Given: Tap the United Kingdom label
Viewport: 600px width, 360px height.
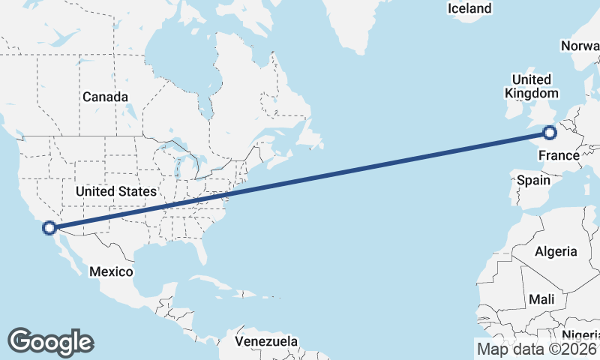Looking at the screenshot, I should pyautogui.click(x=532, y=86).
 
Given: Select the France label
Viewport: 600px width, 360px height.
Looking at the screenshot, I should pyautogui.click(x=559, y=155).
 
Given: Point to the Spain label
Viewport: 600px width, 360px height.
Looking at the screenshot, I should pyautogui.click(x=533, y=180).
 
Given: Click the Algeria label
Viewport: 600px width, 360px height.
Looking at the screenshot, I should pyautogui.click(x=556, y=251).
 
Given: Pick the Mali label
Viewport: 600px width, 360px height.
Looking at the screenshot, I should pyautogui.click(x=541, y=299).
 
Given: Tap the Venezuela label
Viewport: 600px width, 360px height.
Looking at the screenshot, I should pyautogui.click(x=265, y=341).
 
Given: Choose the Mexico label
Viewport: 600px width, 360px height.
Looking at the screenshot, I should pyautogui.click(x=111, y=271).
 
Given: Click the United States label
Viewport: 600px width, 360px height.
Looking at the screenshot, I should pyautogui.click(x=115, y=191).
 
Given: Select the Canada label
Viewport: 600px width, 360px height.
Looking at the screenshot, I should pyautogui.click(x=105, y=97).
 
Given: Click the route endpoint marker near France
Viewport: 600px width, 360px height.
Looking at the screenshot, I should pyautogui.click(x=550, y=133).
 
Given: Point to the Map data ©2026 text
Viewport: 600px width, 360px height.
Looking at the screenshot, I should pyautogui.click(x=537, y=348).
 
